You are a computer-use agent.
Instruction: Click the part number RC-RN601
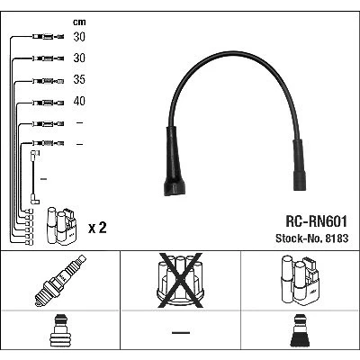click(316, 221)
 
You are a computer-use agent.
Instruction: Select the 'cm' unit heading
click(79, 22)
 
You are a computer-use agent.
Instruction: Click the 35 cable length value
click(79, 79)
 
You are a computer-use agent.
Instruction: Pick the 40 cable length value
click(79, 101)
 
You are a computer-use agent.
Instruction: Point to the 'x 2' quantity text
click(97, 228)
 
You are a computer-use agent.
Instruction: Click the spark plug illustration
click(60, 281)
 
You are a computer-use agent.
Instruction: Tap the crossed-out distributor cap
click(180, 281)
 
